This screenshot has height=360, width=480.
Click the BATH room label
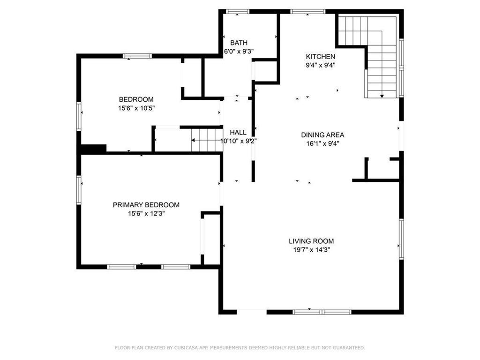tap(239, 43)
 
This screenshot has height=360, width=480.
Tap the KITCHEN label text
tap(321, 57)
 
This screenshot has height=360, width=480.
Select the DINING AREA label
tap(322, 135)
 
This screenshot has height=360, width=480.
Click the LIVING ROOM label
tap(311, 241)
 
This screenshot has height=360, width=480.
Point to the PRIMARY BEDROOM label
tap(146, 205)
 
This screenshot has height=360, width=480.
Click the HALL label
tap(238, 133)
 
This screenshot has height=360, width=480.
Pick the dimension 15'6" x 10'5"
tap(136, 108)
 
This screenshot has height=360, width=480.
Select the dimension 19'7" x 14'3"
tap(311, 250)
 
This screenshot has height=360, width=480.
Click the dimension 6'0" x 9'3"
tap(239, 52)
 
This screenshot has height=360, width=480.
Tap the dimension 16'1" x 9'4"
tap(322, 143)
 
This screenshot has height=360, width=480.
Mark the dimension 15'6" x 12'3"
tap(146, 214)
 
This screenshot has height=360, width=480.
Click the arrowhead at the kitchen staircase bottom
tap(382, 97)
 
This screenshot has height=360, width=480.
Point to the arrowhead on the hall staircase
tap(193, 141)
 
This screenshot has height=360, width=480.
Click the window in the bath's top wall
tap(238, 12)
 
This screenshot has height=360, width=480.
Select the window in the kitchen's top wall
tap(308, 12)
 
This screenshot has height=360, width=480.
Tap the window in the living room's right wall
tap(401, 239)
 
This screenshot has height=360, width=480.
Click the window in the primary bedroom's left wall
tap(79, 190)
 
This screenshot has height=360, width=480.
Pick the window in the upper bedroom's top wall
tap(137, 56)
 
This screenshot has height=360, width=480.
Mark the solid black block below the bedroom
tap(93, 148)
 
